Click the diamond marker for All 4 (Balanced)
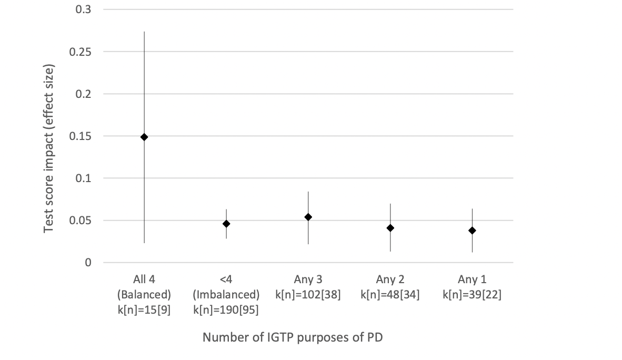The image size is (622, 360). pyautogui.click(x=144, y=137)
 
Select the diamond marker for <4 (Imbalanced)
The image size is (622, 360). pyautogui.click(x=226, y=224)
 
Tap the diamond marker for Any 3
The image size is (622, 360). pyautogui.click(x=308, y=217)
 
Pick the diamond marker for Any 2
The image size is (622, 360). pyautogui.click(x=390, y=228)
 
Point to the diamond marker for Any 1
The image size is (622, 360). pyautogui.click(x=472, y=231)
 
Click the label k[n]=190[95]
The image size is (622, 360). pyautogui.click(x=226, y=309)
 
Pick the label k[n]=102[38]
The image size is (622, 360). pyautogui.click(x=308, y=295)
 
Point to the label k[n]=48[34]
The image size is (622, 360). pyautogui.click(x=390, y=295)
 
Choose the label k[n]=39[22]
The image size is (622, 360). pyautogui.click(x=472, y=295)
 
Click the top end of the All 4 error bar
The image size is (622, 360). pyautogui.click(x=144, y=32)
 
